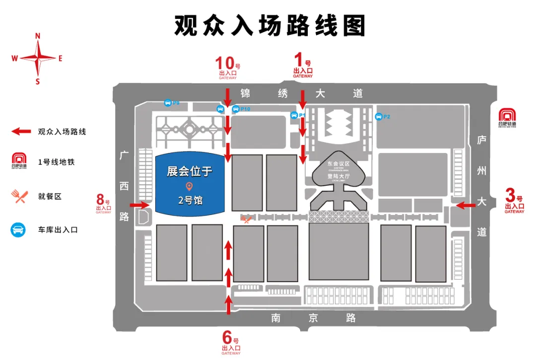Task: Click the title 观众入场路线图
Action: point(269,25)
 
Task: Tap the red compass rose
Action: point(38,58)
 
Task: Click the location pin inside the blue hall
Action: point(189,187)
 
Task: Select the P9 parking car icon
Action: point(168,103)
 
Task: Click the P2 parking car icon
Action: point(379,117)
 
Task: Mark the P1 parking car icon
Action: point(294,115)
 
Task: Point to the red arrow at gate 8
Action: point(139,205)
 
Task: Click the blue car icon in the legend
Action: point(18,230)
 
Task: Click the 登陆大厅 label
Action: point(338,176)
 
